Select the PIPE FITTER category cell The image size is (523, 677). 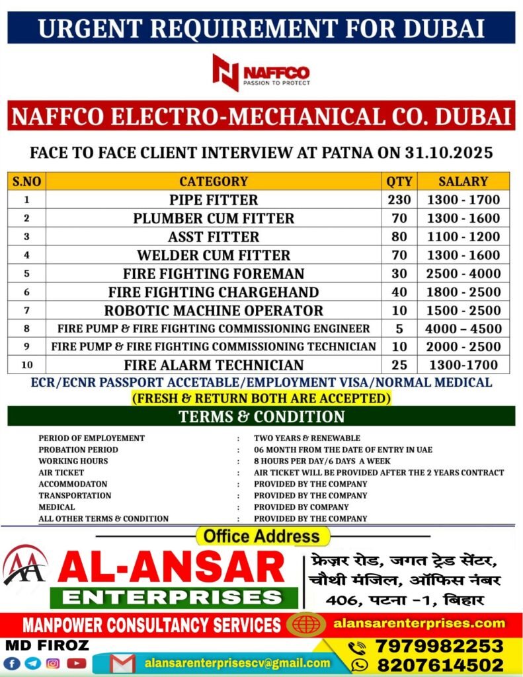[214, 200]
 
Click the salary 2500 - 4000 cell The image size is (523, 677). [464, 274]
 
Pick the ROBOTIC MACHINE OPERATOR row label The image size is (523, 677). [214, 311]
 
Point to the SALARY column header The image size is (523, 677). [463, 181]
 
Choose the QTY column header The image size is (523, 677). [399, 181]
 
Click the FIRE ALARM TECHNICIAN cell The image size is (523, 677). [214, 365]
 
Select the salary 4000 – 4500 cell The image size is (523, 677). [464, 329]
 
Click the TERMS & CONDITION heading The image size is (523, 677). [261, 417]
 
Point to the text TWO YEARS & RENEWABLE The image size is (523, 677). [307, 438]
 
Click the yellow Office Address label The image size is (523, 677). [262, 536]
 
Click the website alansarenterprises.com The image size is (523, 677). [419, 623]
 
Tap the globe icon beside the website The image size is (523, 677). [305, 623]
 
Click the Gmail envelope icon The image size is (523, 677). [124, 663]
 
